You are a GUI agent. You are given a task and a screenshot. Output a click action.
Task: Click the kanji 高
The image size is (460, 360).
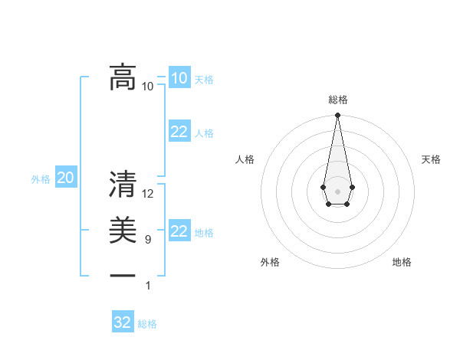tap(123, 77)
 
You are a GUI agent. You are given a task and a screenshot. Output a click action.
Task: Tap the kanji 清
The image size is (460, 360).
tap(123, 185)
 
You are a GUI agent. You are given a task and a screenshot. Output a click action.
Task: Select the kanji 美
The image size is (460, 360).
tap(123, 230)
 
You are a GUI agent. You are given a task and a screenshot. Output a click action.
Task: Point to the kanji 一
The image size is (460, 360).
tap(123, 274)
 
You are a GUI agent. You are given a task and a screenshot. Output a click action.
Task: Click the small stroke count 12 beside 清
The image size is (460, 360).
tap(148, 194)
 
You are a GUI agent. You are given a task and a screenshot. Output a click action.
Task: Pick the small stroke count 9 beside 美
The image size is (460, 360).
tap(147, 240)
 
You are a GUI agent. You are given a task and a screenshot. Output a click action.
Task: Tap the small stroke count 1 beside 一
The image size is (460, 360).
tap(148, 286)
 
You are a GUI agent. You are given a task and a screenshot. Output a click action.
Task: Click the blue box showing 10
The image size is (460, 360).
tap(179, 78)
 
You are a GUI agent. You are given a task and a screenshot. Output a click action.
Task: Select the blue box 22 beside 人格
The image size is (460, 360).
tap(179, 132)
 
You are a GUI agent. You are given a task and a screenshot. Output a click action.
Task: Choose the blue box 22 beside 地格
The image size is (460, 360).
tap(179, 231)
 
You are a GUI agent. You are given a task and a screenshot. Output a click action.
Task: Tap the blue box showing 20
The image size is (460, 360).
tap(65, 178)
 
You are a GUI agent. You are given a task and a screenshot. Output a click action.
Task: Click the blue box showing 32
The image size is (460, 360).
tap(122, 322)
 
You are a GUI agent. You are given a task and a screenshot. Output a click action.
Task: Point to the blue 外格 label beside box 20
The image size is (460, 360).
tap(41, 179)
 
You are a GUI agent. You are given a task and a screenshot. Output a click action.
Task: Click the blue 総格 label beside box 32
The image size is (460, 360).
tap(147, 324)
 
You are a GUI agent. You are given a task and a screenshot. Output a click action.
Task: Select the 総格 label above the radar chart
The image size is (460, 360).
tap(337, 100)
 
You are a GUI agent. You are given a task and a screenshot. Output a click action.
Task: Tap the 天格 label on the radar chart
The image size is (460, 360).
tap(431, 159)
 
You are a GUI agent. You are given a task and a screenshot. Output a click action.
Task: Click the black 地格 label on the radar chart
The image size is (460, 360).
tap(402, 262)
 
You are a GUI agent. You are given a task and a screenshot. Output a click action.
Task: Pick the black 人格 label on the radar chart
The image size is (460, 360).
tap(245, 159)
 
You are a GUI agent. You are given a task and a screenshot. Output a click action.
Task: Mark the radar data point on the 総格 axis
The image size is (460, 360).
tap(337, 116)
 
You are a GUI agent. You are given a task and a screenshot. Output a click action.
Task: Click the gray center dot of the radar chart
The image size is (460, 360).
tap(337, 190)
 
